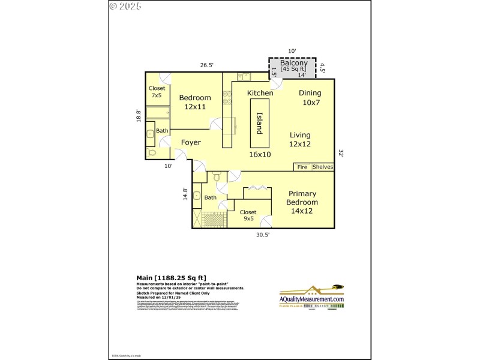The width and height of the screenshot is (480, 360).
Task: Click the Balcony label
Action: pyautogui.click(x=294, y=63)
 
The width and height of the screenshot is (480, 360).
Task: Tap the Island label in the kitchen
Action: pyautogui.click(x=260, y=124)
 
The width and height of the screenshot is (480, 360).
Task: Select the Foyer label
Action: pyautogui.click(x=191, y=142)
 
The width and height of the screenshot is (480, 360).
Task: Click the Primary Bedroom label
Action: pyautogui.click(x=303, y=198)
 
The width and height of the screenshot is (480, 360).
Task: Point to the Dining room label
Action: pyautogui.click(x=310, y=93)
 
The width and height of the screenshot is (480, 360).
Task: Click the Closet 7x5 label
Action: pyautogui.click(x=157, y=92)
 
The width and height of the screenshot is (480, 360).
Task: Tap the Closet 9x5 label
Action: pyautogui.click(x=248, y=215)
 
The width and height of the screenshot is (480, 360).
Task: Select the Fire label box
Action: pyautogui.click(x=302, y=167)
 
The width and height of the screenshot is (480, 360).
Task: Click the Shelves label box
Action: pyautogui.click(x=322, y=167)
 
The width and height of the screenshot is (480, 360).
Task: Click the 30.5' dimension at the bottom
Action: pyautogui.click(x=263, y=235)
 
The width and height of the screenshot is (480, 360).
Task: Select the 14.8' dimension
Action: pyautogui.click(x=185, y=194)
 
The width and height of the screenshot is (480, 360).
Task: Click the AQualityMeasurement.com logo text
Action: pyautogui.click(x=312, y=299)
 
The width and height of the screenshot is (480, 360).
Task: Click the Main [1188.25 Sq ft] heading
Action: pyautogui.click(x=172, y=278)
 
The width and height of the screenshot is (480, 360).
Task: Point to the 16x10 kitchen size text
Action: pyautogui.click(x=260, y=154)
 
